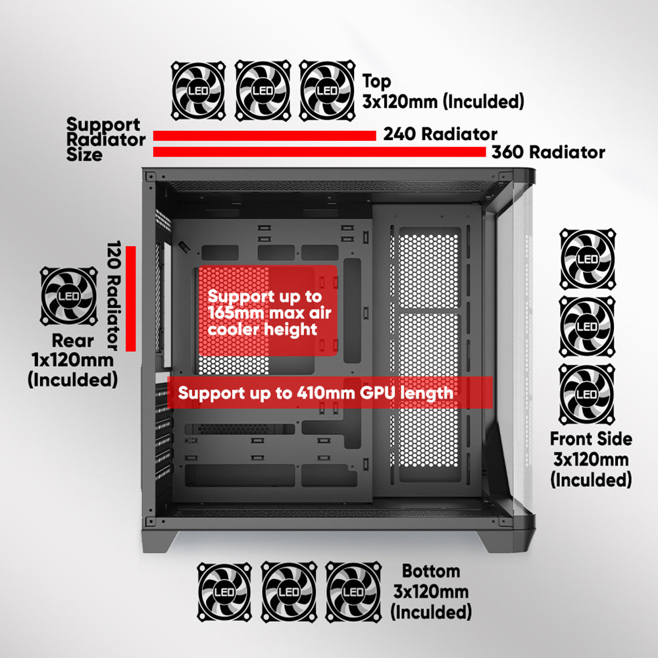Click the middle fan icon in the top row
[263, 90]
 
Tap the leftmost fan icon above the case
[199, 90]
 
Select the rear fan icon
[69, 296]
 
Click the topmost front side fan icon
[588, 259]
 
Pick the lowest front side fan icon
[587, 394]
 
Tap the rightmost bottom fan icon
[353, 592]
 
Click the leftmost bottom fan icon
[224, 592]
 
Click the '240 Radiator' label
[440, 134]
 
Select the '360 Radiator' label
[549, 152]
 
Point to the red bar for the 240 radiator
[265, 136]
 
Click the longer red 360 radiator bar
[319, 152]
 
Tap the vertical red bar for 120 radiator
[131, 298]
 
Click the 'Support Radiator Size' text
[106, 139]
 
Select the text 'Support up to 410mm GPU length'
[316, 393]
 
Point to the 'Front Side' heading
[591, 439]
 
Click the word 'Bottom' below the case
[431, 571]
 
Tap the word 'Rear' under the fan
[72, 341]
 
